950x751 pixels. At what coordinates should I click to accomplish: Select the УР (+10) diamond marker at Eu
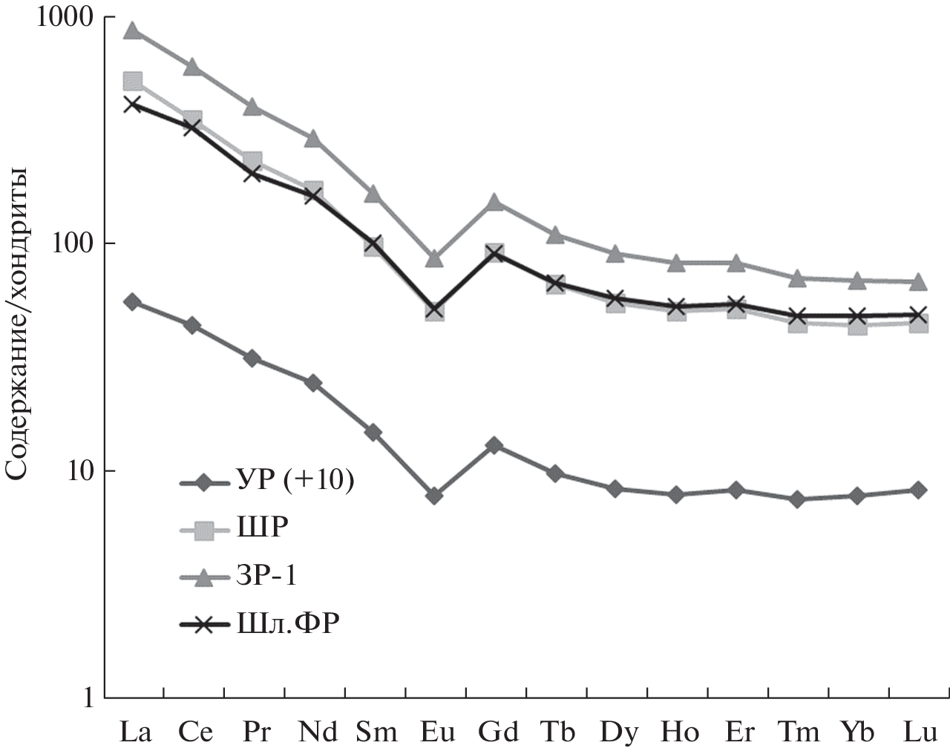pyautogui.click(x=435, y=496)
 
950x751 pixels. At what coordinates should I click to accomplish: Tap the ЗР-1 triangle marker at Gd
pyautogui.click(x=495, y=203)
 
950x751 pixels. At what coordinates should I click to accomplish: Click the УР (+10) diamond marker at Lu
pyautogui.click(x=918, y=490)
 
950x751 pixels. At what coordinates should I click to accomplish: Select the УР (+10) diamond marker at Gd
pyautogui.click(x=495, y=445)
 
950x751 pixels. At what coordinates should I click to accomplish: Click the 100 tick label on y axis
pyautogui.click(x=74, y=243)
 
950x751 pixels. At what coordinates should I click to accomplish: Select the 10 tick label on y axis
pyautogui.click(x=80, y=470)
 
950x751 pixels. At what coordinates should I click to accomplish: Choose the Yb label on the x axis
pyautogui.click(x=857, y=732)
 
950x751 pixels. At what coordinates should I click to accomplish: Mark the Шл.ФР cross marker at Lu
pyautogui.click(x=918, y=315)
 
